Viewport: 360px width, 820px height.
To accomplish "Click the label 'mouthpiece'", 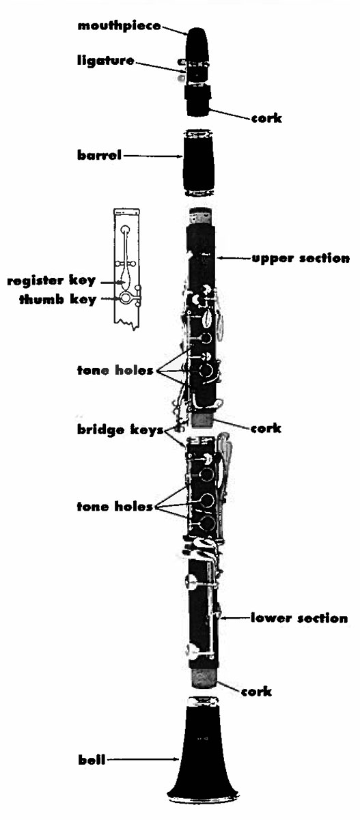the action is (x=119, y=26).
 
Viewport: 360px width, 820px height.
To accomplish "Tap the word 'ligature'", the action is (x=106, y=60).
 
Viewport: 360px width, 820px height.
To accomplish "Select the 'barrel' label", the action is (x=99, y=155).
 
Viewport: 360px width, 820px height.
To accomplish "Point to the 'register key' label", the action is (x=51, y=281).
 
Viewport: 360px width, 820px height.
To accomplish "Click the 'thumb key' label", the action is (x=57, y=300).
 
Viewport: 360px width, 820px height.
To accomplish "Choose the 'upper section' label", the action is (x=301, y=258).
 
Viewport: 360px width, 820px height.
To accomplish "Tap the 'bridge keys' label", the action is (x=120, y=429).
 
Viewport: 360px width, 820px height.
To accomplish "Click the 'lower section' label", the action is (x=299, y=618).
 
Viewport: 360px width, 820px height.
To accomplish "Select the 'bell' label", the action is (x=92, y=760).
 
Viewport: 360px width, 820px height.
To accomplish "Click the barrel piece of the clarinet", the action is (x=198, y=162).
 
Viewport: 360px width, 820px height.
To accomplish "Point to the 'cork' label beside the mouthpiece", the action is (x=266, y=118).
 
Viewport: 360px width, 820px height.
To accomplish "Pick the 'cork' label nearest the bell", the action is (x=256, y=692).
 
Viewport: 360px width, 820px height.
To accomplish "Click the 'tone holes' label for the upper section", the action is (x=115, y=370).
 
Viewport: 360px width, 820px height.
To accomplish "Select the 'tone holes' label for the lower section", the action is (x=115, y=507).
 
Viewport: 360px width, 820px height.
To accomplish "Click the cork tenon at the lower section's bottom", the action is (x=204, y=677).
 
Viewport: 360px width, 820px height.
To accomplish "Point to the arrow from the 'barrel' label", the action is (x=153, y=156).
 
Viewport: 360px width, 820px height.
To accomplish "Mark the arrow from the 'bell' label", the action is (x=143, y=760).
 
